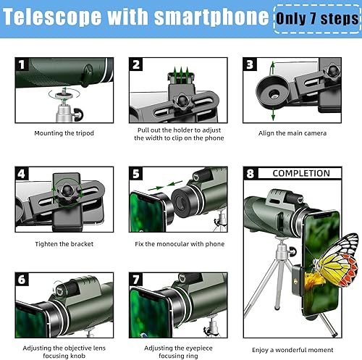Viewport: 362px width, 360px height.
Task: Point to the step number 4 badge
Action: [22, 174]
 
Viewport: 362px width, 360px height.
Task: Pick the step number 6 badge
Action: [22, 280]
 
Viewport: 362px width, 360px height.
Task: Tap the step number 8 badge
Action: [251, 174]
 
